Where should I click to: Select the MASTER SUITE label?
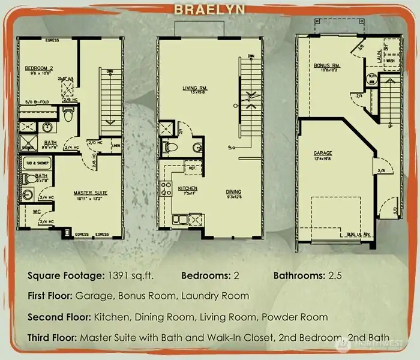point(91,193)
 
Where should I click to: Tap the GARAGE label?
point(322,153)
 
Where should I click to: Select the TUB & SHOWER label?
point(34,163)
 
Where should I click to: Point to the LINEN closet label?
point(116,144)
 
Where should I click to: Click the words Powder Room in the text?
point(302,316)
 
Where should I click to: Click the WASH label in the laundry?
point(389,61)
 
